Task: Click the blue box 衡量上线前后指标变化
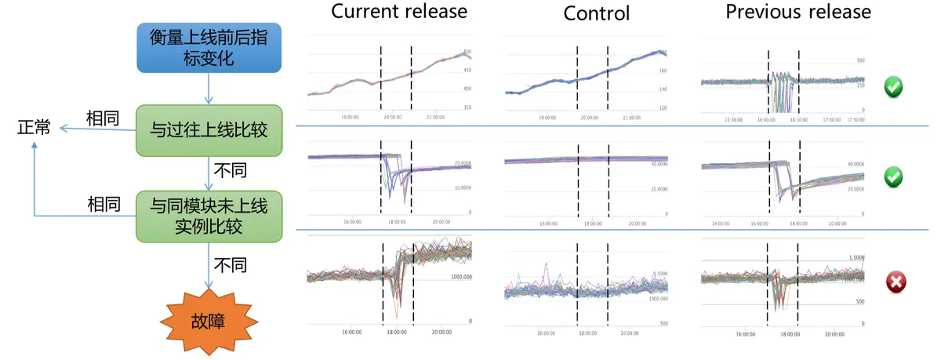click(208, 48)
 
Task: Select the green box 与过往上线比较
click(208, 128)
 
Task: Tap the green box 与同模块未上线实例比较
click(208, 216)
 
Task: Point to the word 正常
click(34, 128)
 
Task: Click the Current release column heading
click(398, 12)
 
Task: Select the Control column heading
click(597, 13)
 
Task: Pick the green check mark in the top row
click(893, 86)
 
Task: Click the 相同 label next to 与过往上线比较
click(103, 118)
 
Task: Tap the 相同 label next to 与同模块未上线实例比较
click(103, 205)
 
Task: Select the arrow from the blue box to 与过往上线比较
click(208, 89)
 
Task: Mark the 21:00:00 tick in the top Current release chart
click(434, 117)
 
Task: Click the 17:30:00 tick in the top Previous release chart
click(859, 120)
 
